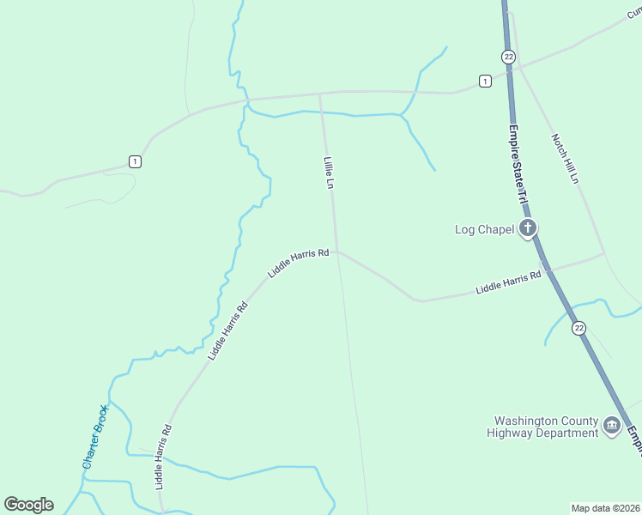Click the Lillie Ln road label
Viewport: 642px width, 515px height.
click(328, 173)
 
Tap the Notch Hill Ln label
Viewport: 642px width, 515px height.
click(566, 158)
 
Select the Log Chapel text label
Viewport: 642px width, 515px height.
click(484, 228)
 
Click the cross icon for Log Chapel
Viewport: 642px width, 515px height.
click(527, 228)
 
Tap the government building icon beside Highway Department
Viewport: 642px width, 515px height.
click(611, 425)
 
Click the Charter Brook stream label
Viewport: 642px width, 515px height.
click(94, 436)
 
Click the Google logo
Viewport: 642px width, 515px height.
click(28, 505)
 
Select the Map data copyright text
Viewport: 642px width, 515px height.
click(605, 508)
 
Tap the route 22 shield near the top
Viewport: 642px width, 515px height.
click(509, 57)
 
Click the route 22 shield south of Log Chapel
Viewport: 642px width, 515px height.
click(579, 328)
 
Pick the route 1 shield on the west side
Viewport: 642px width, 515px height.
click(135, 161)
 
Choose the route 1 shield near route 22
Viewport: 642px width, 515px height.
click(485, 81)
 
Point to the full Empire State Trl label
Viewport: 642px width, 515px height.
click(519, 164)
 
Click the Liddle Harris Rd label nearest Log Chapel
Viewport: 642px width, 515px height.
click(508, 282)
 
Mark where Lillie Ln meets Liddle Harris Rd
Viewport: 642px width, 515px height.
click(336, 251)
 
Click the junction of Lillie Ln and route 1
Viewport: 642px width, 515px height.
click(320, 93)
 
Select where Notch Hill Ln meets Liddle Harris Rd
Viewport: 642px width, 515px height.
click(603, 254)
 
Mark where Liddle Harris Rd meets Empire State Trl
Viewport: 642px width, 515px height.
click(544, 270)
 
